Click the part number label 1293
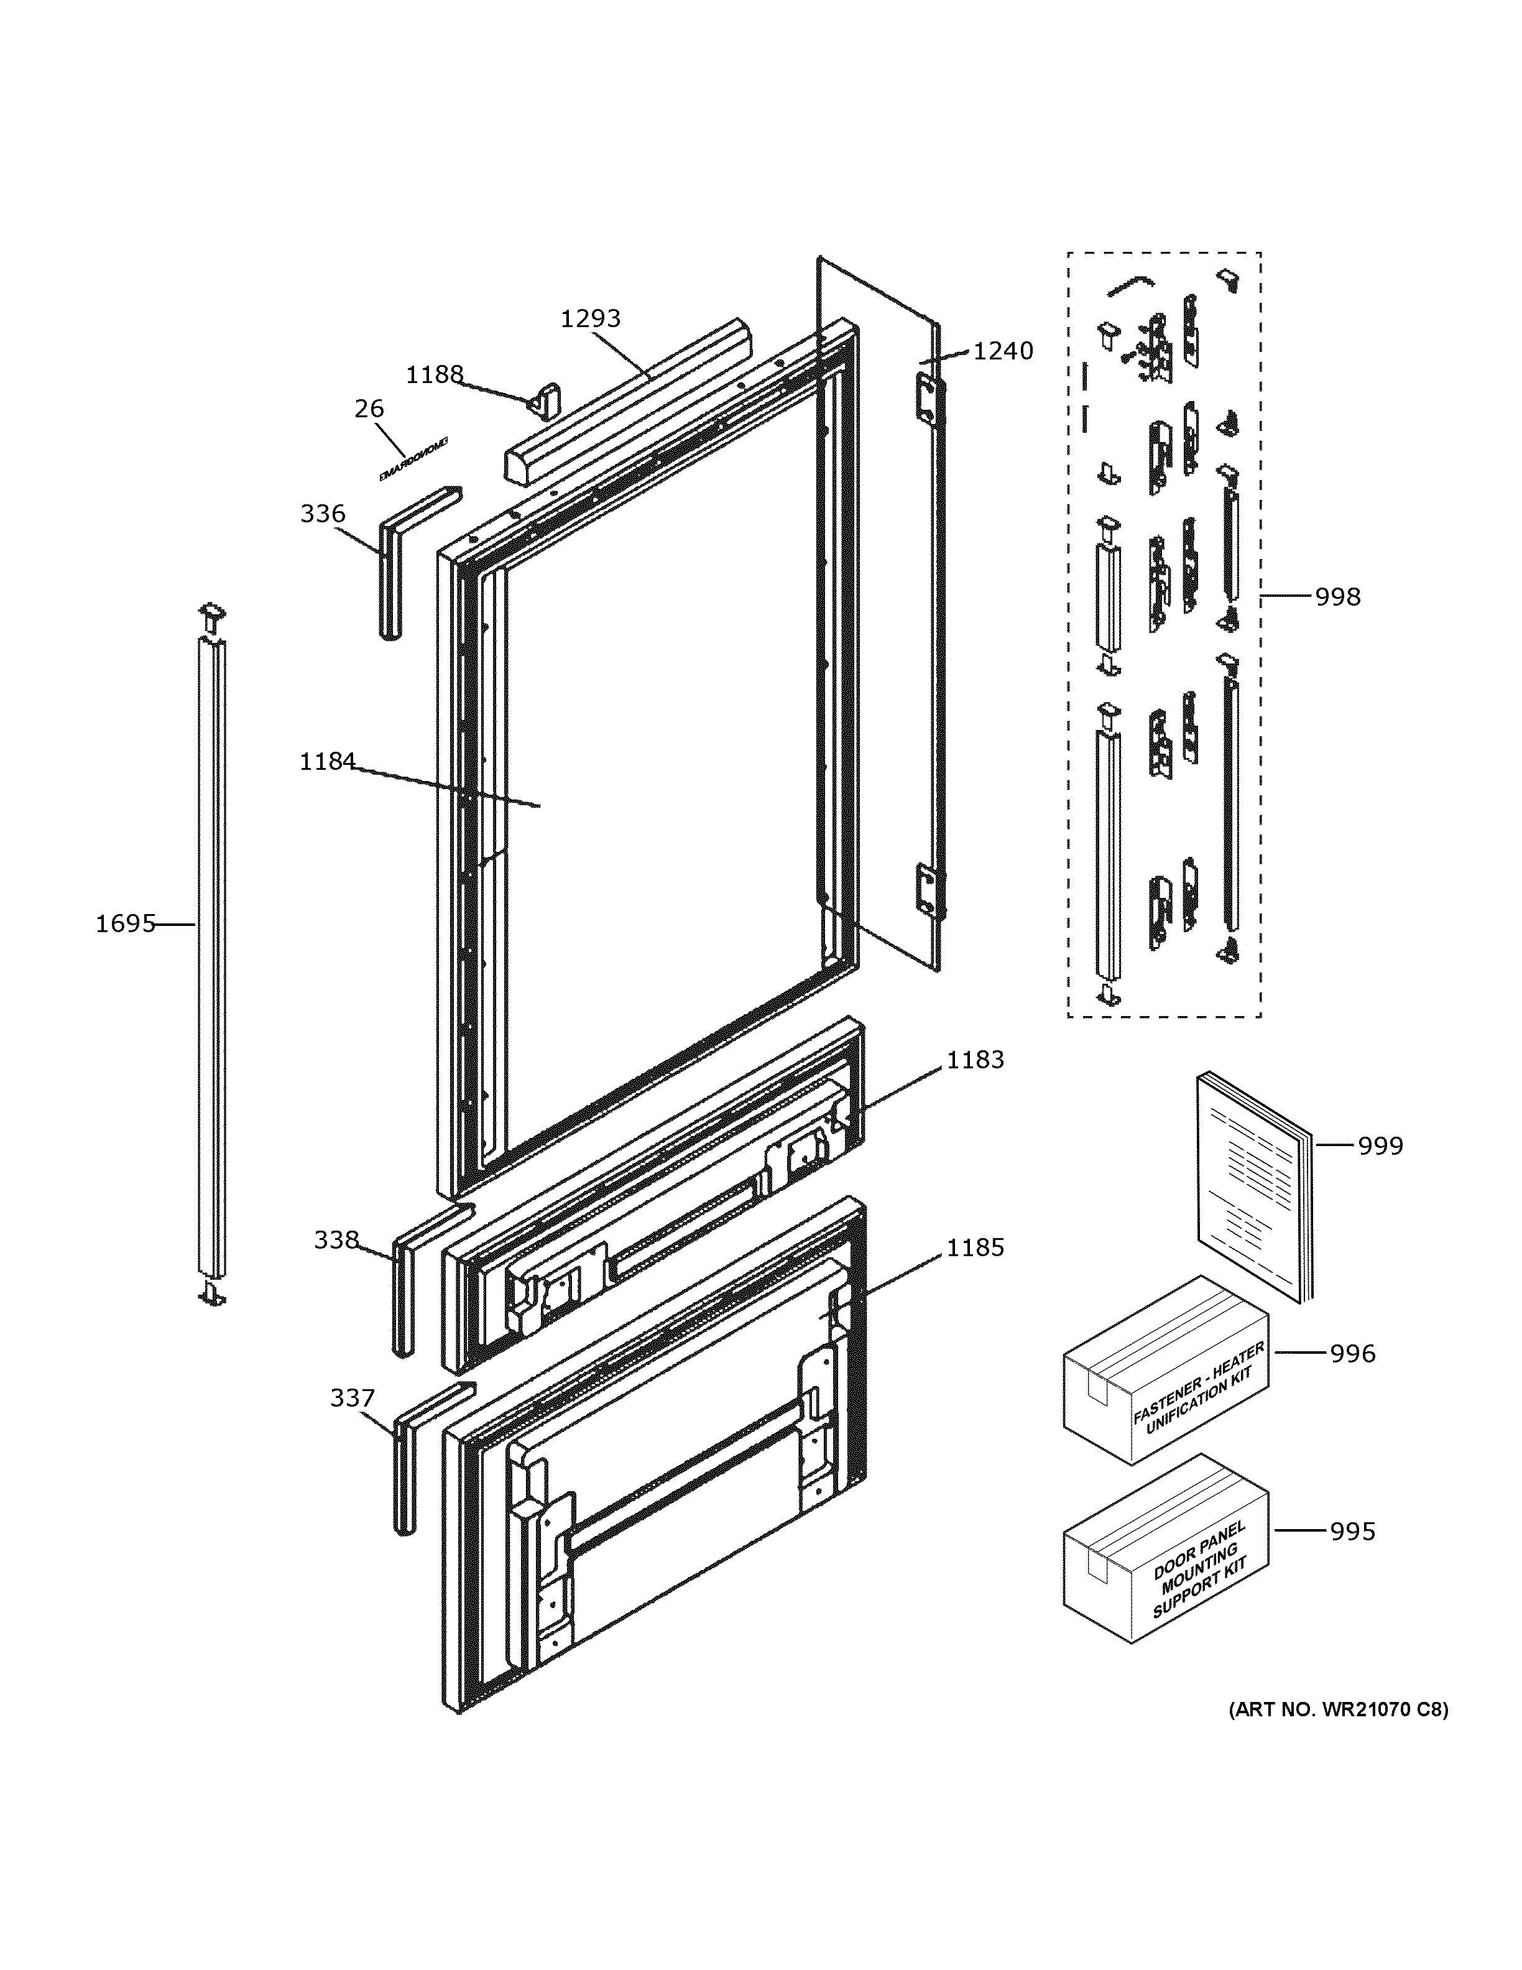pyautogui.click(x=591, y=318)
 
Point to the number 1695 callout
pyautogui.click(x=126, y=923)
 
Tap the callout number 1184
pyautogui.click(x=327, y=762)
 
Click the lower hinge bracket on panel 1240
pyautogui.click(x=928, y=891)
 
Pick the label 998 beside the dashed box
pyautogui.click(x=1337, y=596)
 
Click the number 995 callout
pyautogui.click(x=1352, y=1532)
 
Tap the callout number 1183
pyautogui.click(x=975, y=1060)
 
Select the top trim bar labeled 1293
pyautogui.click(x=622, y=406)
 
